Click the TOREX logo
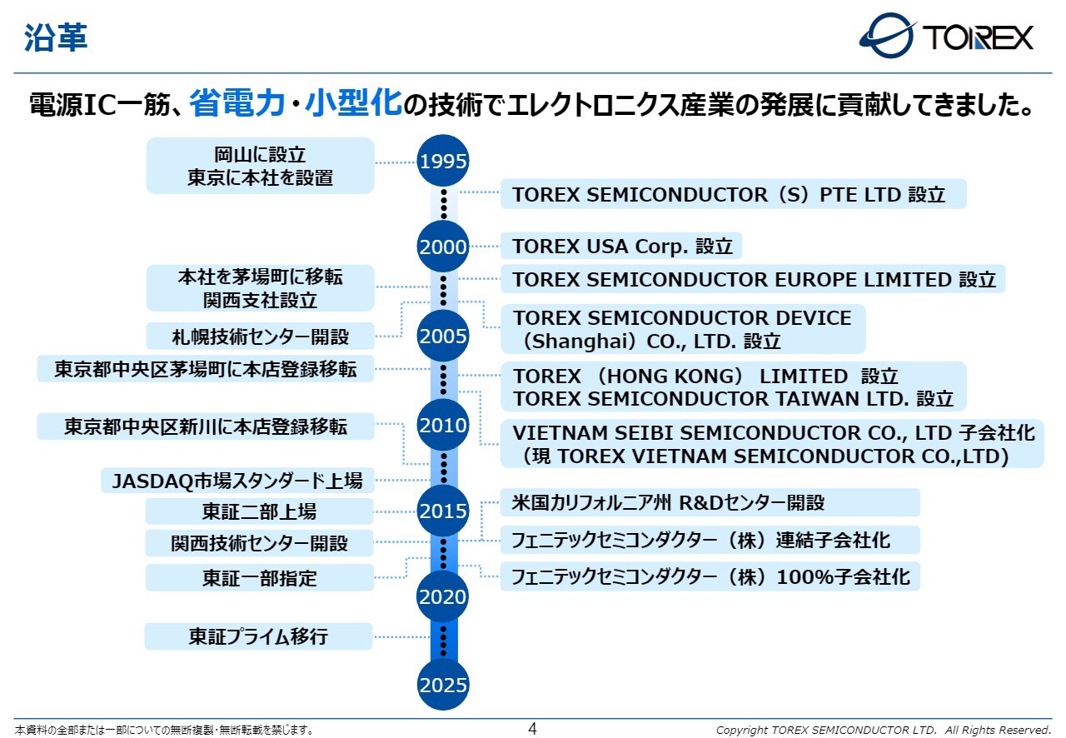click(x=946, y=36)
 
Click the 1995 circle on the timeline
click(x=443, y=161)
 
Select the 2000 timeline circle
click(x=443, y=247)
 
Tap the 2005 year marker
click(x=443, y=337)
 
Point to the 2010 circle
click(x=443, y=426)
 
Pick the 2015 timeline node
click(x=443, y=511)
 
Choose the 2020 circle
click(x=443, y=596)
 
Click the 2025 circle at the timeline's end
click(x=443, y=686)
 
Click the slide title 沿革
click(x=55, y=37)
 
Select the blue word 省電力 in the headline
click(x=242, y=103)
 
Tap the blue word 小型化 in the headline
click(x=353, y=103)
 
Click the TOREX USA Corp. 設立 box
click(x=621, y=247)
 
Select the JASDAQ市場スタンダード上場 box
click(x=237, y=480)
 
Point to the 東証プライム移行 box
click(x=258, y=636)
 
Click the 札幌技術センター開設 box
click(x=260, y=337)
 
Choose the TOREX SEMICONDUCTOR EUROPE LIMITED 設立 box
click(x=753, y=279)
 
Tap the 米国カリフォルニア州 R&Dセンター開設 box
click(x=710, y=502)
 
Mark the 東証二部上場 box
click(x=259, y=511)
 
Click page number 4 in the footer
click(x=533, y=729)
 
